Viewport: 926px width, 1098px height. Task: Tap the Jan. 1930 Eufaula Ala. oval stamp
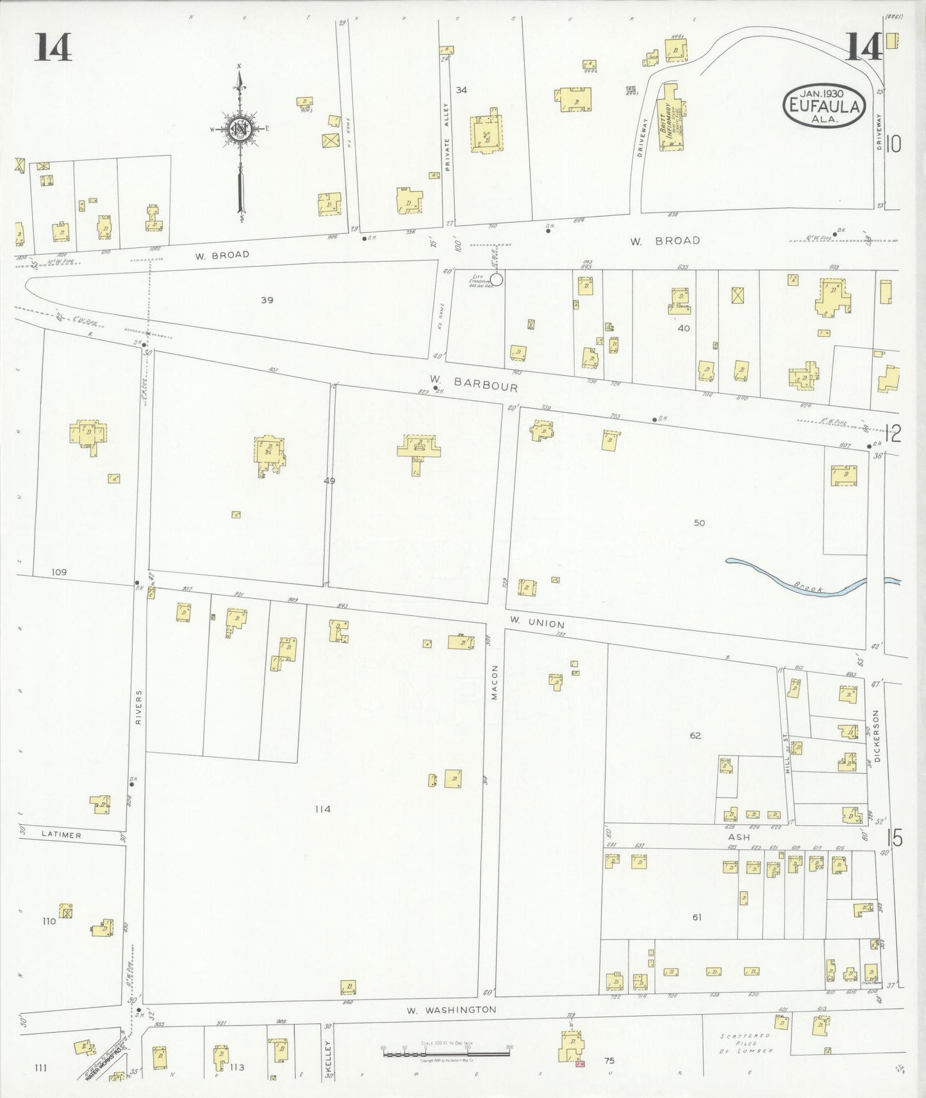pos(823,105)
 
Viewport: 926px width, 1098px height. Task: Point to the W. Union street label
pos(537,623)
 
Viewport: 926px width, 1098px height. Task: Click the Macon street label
pos(495,683)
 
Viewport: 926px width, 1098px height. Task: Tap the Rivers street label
pos(138,707)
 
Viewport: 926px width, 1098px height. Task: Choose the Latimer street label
pos(62,835)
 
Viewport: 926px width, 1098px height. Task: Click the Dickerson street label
pos(877,736)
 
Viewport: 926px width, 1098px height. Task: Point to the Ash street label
pos(738,838)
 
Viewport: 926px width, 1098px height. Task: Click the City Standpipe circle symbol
pos(497,279)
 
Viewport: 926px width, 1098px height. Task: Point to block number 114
pos(322,809)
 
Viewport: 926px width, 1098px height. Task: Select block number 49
pos(329,480)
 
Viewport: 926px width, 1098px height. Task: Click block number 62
pos(695,735)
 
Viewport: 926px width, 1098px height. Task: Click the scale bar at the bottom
pos(447,1052)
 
